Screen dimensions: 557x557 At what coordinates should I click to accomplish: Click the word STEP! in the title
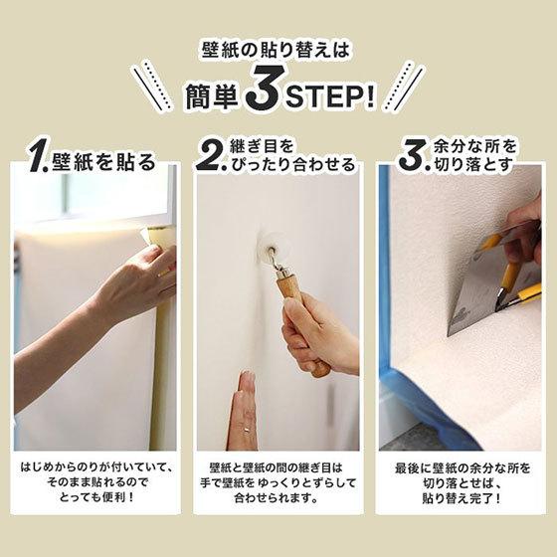point(331,96)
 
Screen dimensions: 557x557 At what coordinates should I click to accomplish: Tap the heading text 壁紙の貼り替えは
point(278,49)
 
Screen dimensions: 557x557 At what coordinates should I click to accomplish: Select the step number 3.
point(410,155)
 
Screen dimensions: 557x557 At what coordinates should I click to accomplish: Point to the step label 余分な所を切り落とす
point(473,155)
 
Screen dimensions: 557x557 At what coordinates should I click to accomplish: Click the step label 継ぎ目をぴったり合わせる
point(292,156)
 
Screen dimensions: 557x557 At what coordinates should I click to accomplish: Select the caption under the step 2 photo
point(278,483)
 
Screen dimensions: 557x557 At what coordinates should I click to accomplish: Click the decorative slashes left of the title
point(153,88)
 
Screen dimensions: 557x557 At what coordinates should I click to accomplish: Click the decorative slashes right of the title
point(404,88)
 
